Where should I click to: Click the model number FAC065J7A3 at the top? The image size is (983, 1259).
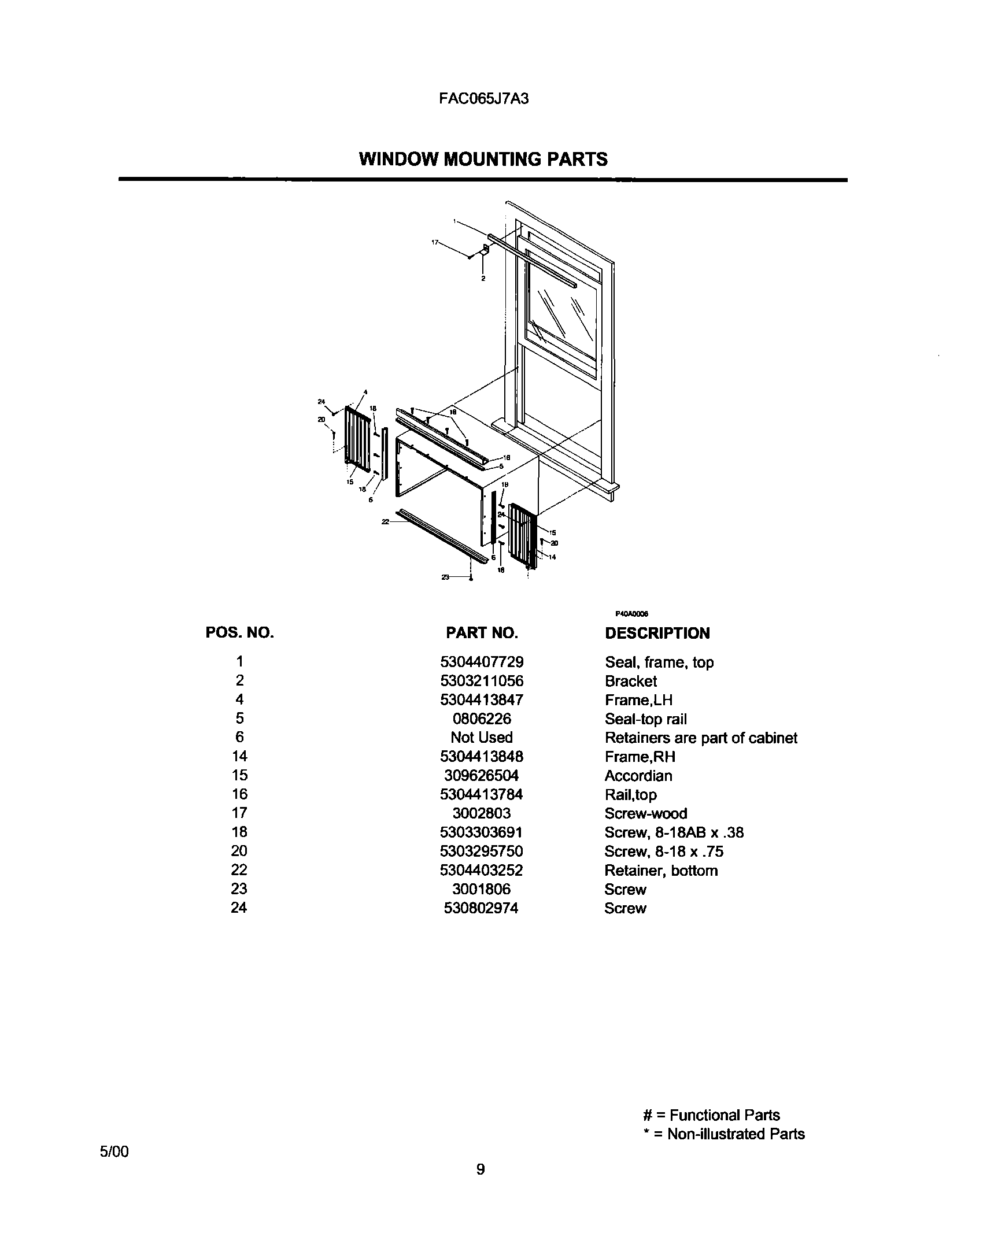pos(483,98)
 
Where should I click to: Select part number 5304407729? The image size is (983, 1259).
pos(482,662)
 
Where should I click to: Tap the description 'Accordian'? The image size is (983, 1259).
pos(638,776)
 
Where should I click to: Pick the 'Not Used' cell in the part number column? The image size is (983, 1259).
pos(482,738)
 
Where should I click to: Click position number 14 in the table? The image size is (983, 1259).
pos(239,756)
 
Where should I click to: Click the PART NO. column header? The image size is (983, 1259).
pos(482,633)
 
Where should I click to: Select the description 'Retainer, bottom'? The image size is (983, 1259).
pos(661,871)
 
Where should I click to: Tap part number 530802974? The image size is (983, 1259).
pos(481,908)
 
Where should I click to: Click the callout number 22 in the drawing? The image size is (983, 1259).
pos(385,521)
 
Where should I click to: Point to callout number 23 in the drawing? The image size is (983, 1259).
pos(445,577)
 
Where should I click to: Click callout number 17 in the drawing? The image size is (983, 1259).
pos(435,243)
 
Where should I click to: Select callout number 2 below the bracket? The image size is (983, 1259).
pos(483,279)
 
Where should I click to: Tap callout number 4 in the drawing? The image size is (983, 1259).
pos(365,392)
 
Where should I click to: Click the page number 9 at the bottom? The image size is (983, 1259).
pos(481,1169)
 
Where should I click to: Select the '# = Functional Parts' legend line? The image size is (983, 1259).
pos(711,1115)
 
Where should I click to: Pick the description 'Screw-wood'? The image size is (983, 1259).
pos(645,814)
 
